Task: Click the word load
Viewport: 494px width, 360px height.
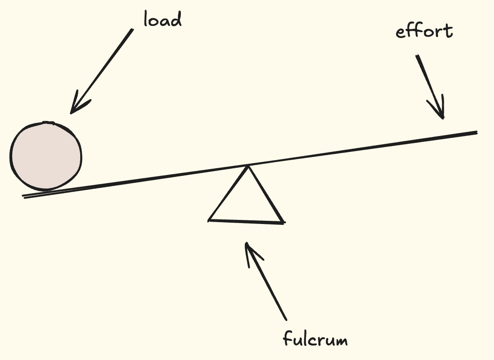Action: tap(162, 19)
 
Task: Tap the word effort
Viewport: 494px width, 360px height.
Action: tap(424, 32)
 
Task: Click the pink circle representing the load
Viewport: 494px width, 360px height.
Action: tap(46, 156)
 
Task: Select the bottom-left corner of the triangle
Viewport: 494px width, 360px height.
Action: tap(209, 220)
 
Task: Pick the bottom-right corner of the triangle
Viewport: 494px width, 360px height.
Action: tap(283, 222)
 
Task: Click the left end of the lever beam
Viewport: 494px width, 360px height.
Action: tap(24, 196)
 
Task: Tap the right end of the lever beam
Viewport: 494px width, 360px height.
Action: tap(477, 132)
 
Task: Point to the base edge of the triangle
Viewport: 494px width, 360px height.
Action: tap(246, 221)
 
